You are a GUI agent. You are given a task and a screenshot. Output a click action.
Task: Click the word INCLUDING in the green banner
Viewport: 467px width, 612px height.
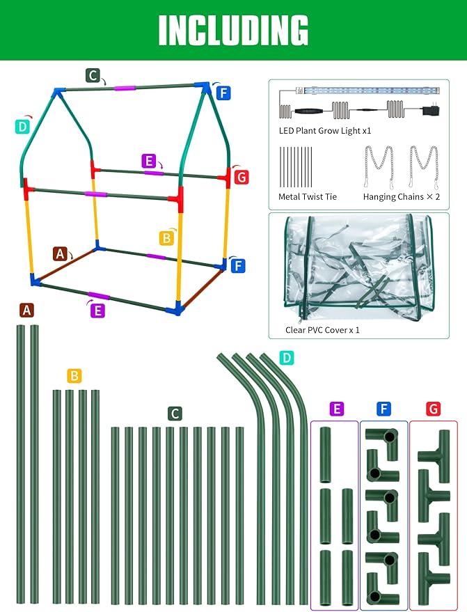233,31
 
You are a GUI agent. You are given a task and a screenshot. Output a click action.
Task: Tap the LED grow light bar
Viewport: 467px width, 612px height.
367,91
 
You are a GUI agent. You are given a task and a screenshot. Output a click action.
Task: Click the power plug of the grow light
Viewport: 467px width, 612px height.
431,111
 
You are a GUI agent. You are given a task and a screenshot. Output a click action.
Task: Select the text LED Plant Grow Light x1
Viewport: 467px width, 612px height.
324,131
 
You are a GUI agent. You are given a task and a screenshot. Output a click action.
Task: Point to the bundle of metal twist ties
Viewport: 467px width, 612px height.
296,167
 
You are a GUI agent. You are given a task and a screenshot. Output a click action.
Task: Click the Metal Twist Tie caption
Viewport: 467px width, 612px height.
308,197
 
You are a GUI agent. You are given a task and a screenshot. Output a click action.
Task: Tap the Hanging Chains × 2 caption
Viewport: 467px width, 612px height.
402,197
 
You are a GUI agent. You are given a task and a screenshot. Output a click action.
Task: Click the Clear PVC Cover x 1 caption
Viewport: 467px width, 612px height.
322,330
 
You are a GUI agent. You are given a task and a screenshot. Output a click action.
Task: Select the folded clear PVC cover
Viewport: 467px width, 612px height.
358,269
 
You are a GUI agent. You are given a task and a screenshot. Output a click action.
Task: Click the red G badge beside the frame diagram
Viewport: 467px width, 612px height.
242,178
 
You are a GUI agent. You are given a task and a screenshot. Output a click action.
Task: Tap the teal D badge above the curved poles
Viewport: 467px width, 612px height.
287,357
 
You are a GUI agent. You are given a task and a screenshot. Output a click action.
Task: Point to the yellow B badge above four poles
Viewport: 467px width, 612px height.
74,376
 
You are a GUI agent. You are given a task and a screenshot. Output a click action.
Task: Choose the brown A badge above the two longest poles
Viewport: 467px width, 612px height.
26,311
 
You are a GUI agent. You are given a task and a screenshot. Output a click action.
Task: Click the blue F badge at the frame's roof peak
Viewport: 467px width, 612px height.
223,93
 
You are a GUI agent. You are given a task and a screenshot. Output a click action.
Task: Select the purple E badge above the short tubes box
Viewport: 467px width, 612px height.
336,409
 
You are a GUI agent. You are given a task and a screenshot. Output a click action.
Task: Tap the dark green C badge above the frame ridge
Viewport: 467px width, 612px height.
93,75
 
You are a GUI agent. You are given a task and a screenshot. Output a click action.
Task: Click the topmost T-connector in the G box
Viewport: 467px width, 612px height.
434,456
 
